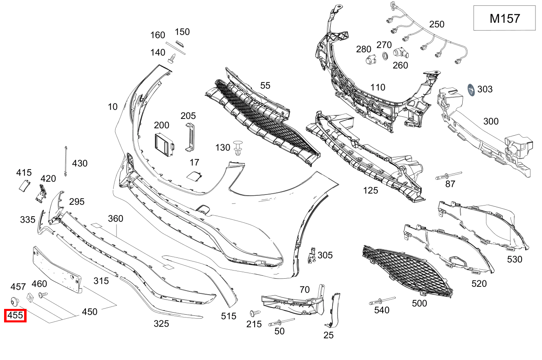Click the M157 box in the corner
pos(504,18)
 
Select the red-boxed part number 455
pos(15,315)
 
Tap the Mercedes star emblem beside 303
pos(471,90)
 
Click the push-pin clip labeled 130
pos(238,148)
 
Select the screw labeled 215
pos(255,313)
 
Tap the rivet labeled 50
pos(281,322)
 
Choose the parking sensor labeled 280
pos(370,60)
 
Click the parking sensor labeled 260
pos(400,53)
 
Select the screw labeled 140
pos(173,58)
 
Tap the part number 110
pos(378,87)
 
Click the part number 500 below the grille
pos(419,303)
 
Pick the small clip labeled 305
pos(312,255)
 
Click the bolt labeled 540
pos(382,301)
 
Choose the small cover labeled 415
pos(24,185)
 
